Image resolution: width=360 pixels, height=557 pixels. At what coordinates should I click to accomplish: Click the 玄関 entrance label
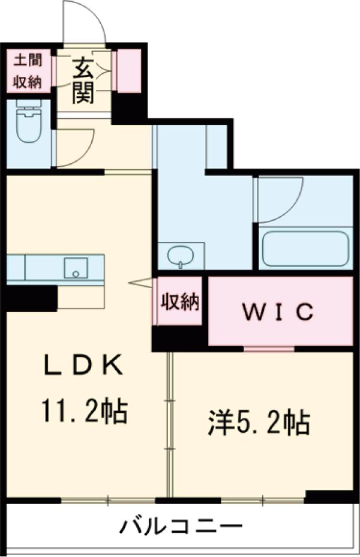[83, 80]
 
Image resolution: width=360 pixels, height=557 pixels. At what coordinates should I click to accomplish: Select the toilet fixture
[28, 125]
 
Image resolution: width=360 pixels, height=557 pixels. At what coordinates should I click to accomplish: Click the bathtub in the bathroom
[304, 247]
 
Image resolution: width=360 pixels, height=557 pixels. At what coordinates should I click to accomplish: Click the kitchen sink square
[76, 268]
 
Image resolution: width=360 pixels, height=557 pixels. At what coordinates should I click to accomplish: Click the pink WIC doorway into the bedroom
[269, 349]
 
